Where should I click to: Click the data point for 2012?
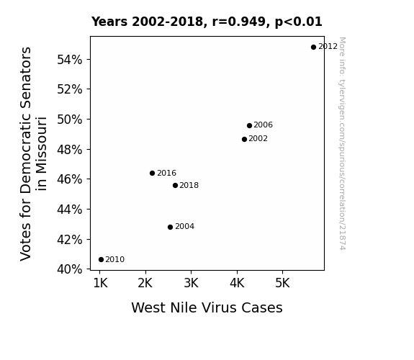313,48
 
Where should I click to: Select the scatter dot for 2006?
250,125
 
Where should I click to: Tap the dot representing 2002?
245,139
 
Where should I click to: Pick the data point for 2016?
153,174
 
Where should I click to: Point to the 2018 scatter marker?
175,186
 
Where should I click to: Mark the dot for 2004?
171,227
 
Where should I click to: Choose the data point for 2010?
101,260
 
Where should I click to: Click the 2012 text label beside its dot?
328,47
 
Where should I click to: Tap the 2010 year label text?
115,260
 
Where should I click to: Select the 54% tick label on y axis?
70,60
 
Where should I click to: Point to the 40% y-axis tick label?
70,269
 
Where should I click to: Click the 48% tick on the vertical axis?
70,150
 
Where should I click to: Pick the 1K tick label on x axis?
101,283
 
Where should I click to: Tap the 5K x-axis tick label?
282,283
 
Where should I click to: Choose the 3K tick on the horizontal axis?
191,283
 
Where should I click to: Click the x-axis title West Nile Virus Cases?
207,307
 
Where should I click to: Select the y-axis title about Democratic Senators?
34,154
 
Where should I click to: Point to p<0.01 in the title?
299,22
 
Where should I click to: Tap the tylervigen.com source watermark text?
342,144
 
